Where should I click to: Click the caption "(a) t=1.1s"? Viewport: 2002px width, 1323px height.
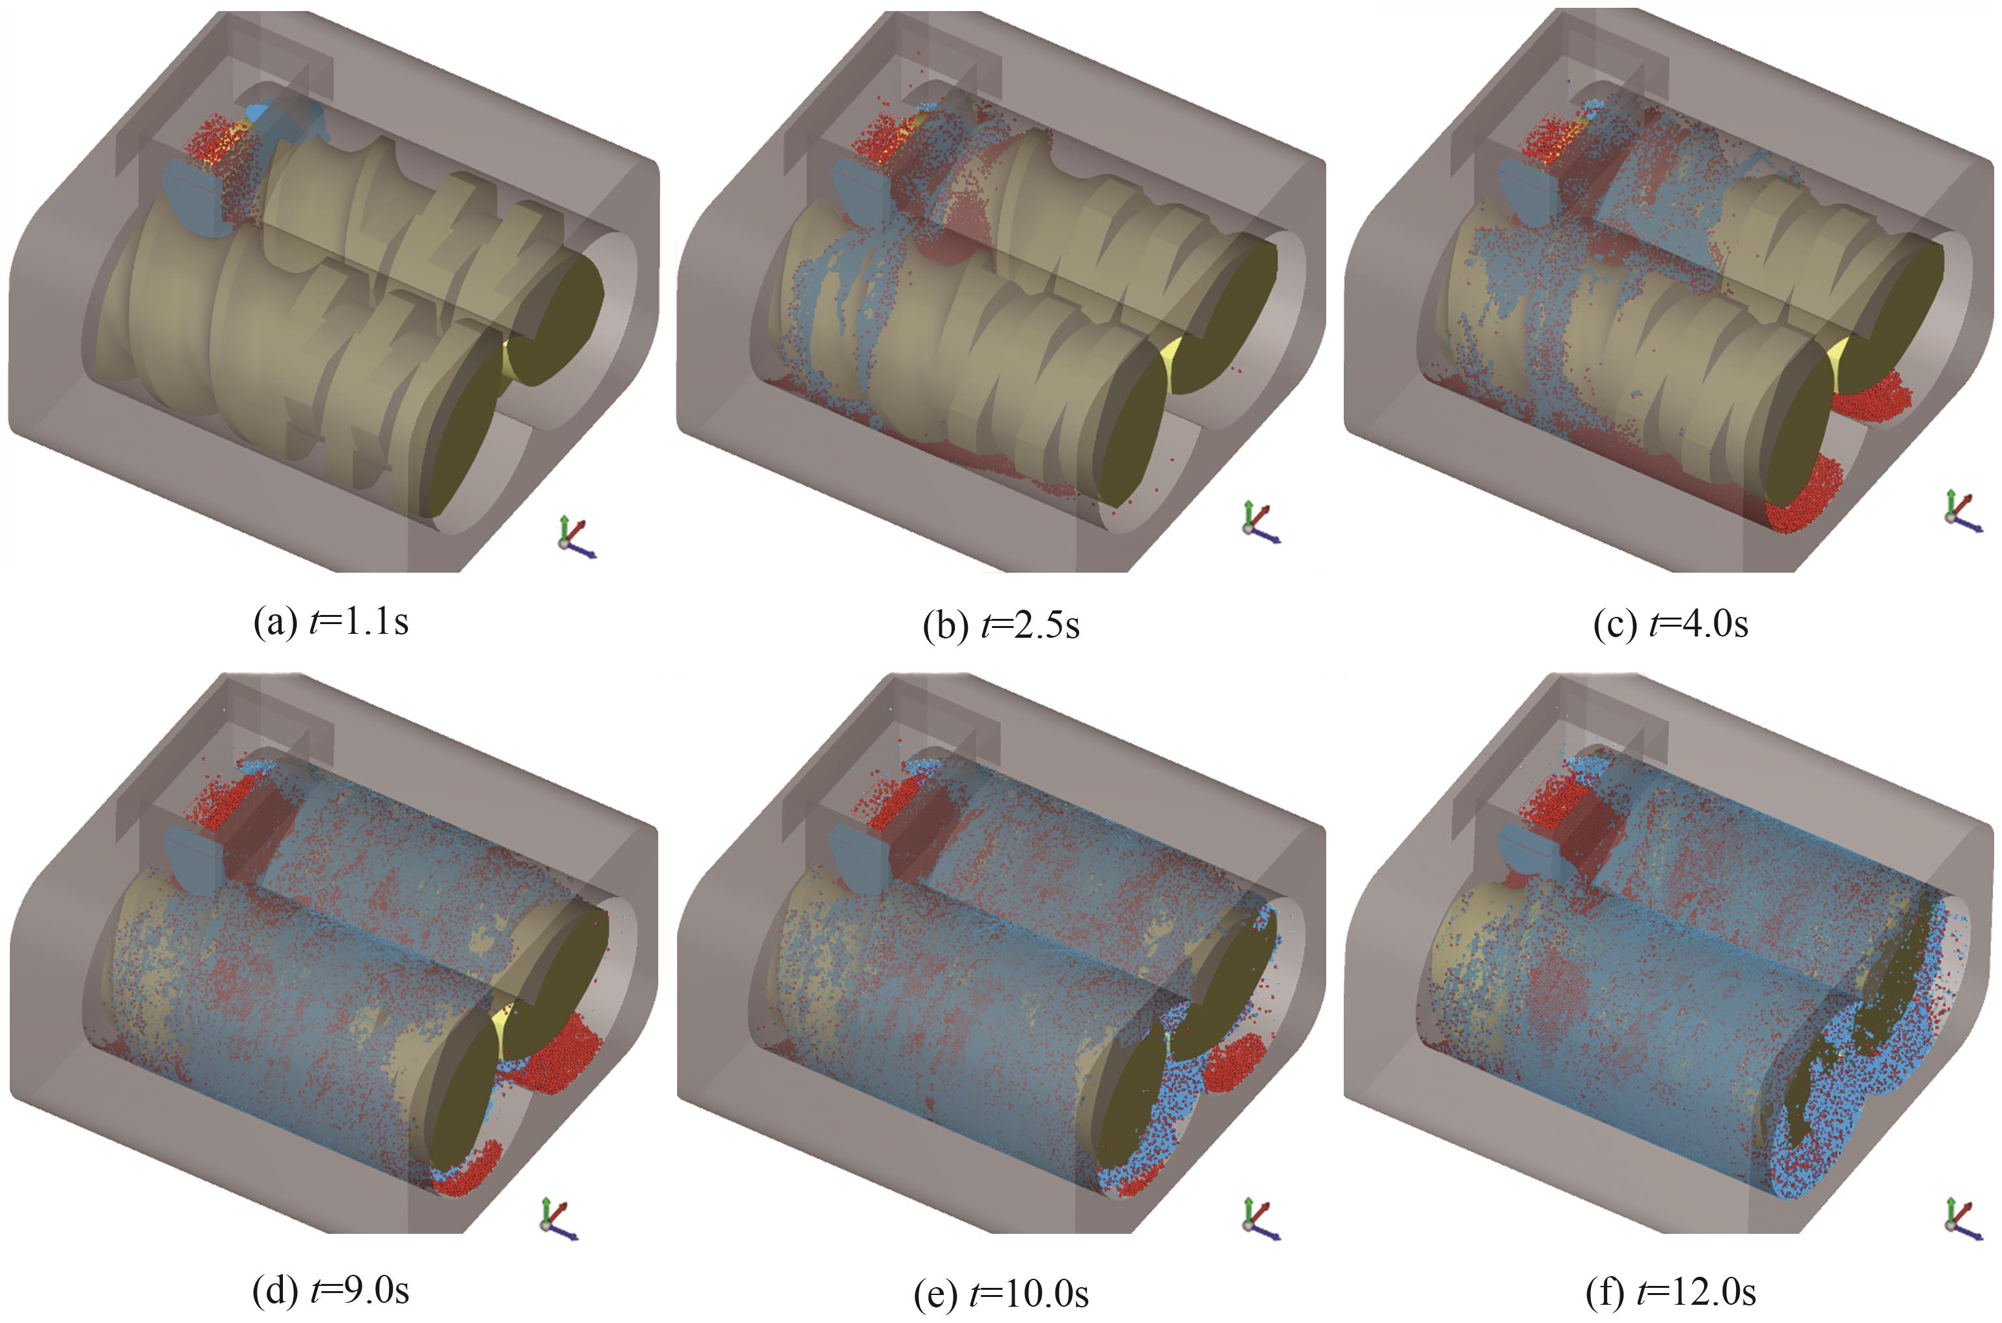click(332, 623)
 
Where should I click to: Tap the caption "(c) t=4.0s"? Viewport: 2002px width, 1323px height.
click(1670, 623)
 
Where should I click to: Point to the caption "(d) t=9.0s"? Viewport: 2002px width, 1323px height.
click(332, 1289)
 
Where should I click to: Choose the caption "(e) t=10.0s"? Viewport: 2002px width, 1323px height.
click(1001, 1292)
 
